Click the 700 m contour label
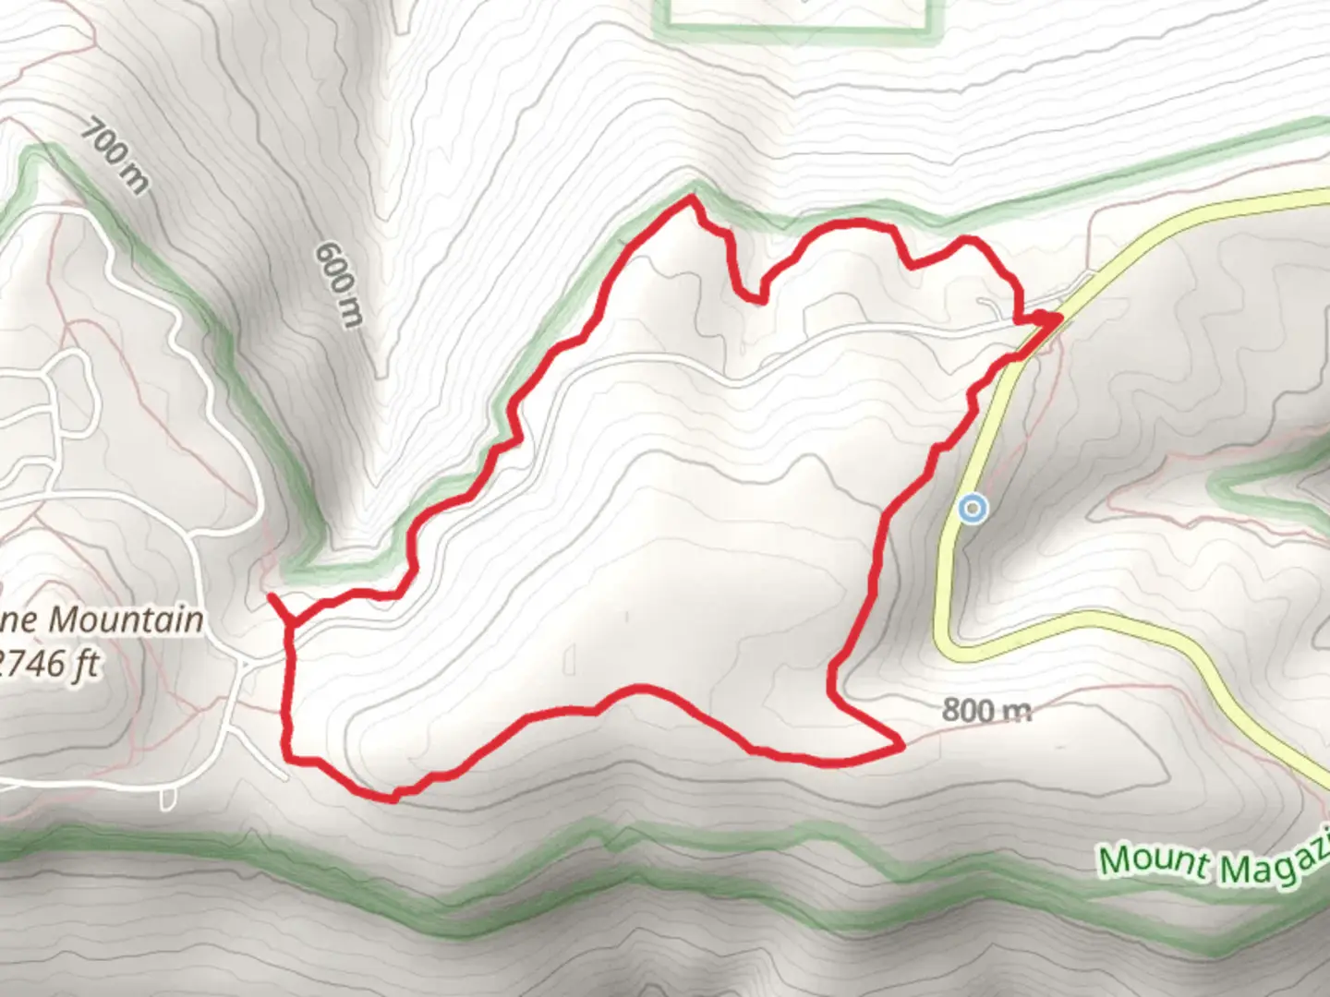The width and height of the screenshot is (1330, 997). point(115,155)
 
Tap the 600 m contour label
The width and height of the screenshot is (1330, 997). point(339,283)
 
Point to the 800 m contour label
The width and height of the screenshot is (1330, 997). point(985,710)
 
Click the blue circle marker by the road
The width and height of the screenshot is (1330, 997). point(972,508)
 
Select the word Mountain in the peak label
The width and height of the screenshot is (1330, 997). point(126,619)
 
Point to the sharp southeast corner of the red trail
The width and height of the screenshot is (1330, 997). point(900,742)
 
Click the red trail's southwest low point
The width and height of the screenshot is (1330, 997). point(392,798)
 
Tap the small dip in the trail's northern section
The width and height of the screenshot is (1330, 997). point(759,299)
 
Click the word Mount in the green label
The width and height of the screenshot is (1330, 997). point(1153,859)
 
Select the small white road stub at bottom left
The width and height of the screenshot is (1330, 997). point(168,798)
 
